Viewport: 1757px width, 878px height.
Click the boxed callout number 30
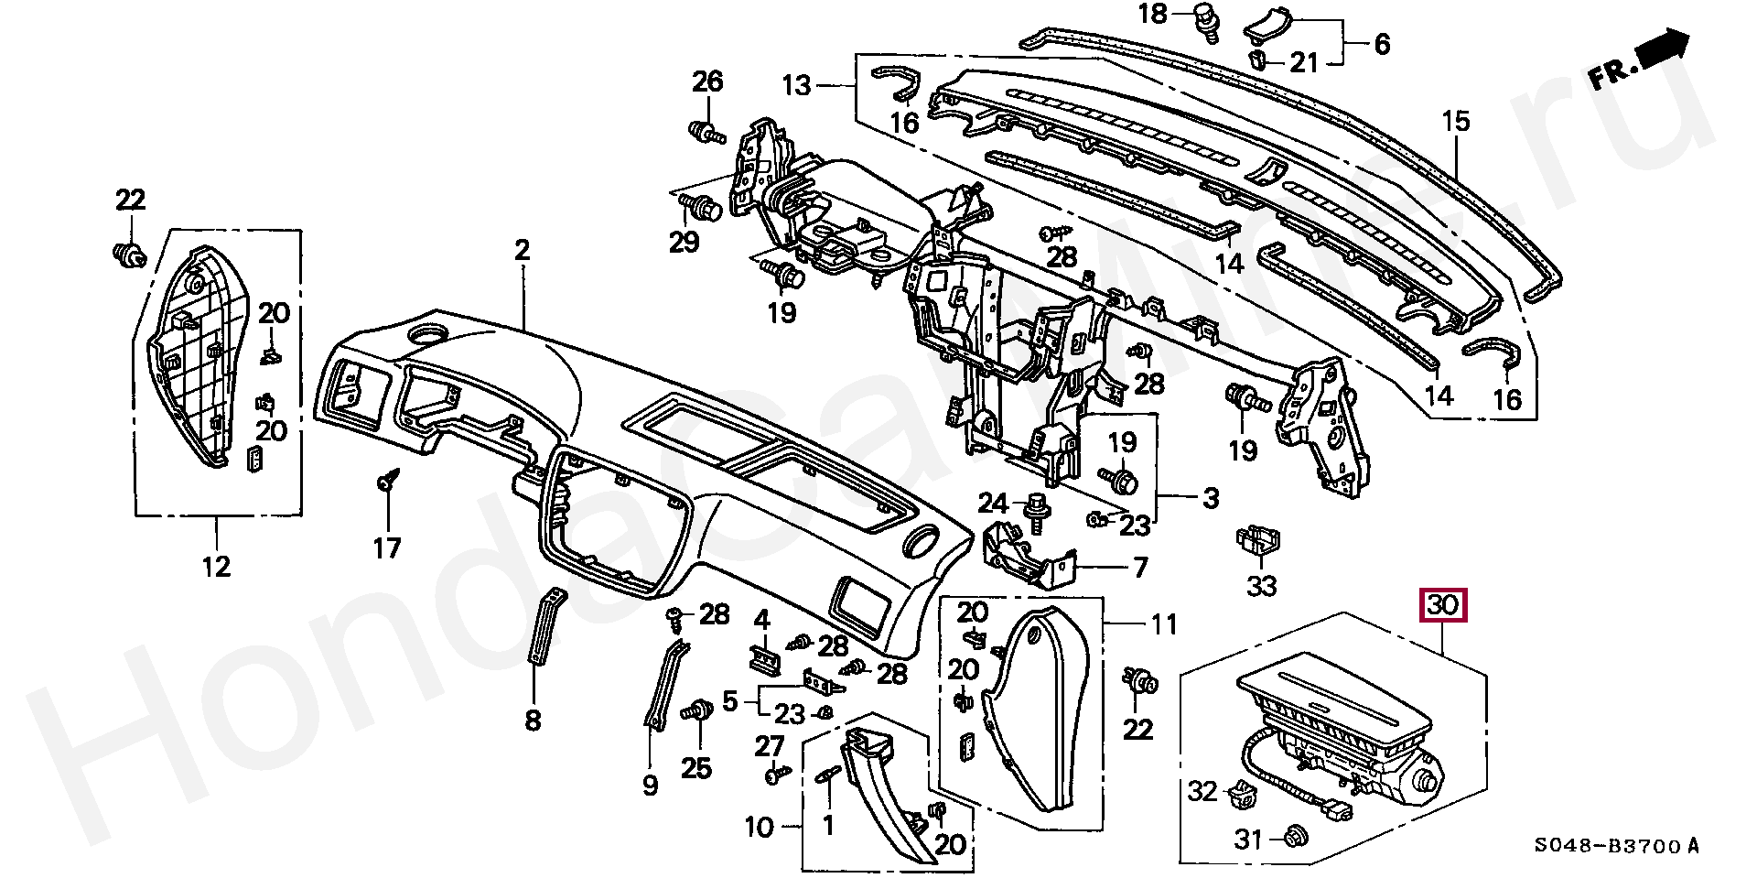pos(1443,605)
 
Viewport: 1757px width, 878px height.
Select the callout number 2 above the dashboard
pos(522,250)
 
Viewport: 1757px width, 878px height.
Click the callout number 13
pos(796,86)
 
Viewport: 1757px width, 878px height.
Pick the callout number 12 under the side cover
pos(217,567)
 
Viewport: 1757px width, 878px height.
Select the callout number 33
pos(1262,584)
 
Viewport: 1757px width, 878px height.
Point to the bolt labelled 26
pos(705,133)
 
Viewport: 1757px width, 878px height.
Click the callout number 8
pos(533,720)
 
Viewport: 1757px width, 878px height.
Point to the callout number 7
pos(1140,568)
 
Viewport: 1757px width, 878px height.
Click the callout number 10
pos(760,828)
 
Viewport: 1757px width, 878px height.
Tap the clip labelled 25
pos(700,711)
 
